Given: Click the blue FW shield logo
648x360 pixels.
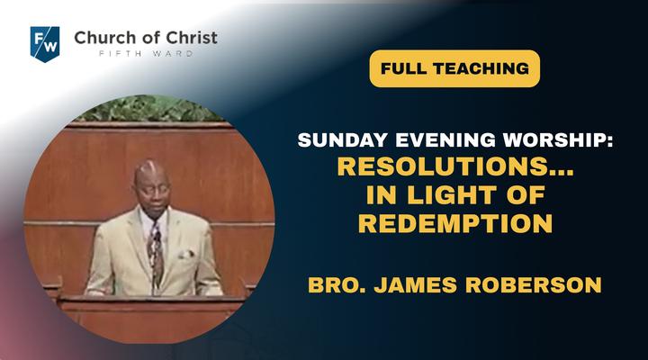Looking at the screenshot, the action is pos(45,44).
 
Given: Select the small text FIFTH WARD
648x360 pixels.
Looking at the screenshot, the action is pos(146,54).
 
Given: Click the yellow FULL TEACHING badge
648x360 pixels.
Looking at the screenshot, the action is pos(454,68).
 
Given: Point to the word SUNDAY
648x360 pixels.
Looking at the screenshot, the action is pos(344,140).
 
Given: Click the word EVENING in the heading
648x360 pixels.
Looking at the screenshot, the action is pos(445,140).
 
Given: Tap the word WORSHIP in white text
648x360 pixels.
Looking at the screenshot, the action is pos(554,140).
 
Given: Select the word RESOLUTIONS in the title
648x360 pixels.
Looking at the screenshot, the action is pos(440,166).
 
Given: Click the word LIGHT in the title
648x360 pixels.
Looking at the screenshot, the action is pos(452,195).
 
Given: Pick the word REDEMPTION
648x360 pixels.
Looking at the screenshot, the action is pos(455,223).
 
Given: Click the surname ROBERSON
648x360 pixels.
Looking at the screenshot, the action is pos(533,285).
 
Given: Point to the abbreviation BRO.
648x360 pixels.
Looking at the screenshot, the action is pos(337,285).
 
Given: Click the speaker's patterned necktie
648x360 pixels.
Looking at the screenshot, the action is pos(156,252).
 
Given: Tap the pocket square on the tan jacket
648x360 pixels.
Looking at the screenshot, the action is pos(185,254).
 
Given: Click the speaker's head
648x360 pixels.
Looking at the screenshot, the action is pos(152,188).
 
